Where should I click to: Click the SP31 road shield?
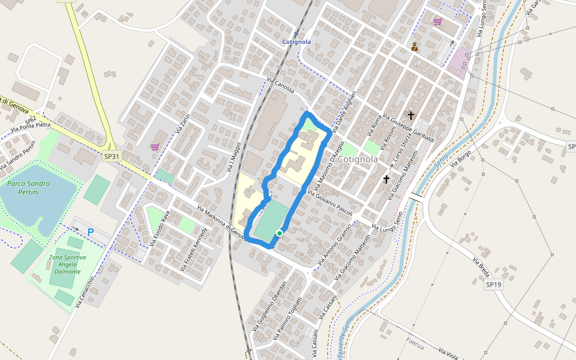point(110,156)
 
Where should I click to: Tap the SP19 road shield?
point(493,284)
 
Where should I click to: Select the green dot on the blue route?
point(280,233)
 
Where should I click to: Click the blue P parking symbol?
point(91,232)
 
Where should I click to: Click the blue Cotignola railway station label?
point(296,41)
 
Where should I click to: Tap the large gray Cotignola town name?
point(358,160)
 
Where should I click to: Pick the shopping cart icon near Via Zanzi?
point(155,147)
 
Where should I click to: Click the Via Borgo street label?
point(464,160)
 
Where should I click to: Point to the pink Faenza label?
point(415,344)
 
